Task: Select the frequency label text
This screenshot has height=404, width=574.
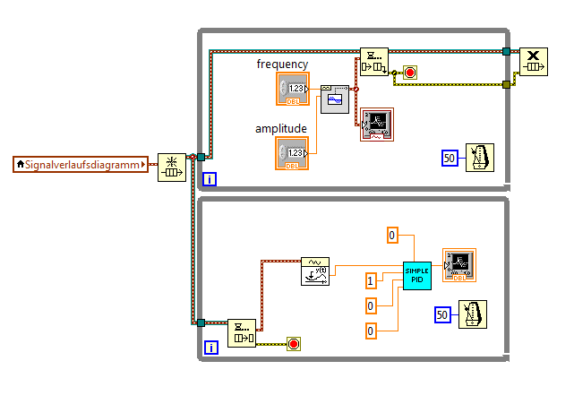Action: point(282,64)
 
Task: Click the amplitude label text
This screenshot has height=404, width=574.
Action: point(281,128)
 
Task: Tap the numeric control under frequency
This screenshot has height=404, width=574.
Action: point(292,90)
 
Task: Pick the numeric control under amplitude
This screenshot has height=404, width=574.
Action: point(292,153)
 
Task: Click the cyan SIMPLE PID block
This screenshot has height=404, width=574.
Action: point(417,275)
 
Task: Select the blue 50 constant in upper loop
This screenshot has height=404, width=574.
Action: point(450,158)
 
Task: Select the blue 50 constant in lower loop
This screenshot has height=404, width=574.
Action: point(441,314)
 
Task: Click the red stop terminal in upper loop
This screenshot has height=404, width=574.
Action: point(410,73)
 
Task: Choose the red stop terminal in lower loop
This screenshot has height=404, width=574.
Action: point(293,343)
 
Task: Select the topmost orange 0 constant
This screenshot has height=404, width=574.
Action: point(392,235)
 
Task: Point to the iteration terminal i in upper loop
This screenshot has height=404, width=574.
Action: point(210,179)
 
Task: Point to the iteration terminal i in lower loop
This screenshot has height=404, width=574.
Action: point(210,348)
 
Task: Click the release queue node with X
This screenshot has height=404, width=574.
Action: point(535,63)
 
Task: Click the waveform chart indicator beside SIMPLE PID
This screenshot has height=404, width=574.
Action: point(459,264)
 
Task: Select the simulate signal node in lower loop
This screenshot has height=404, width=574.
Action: point(315,271)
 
